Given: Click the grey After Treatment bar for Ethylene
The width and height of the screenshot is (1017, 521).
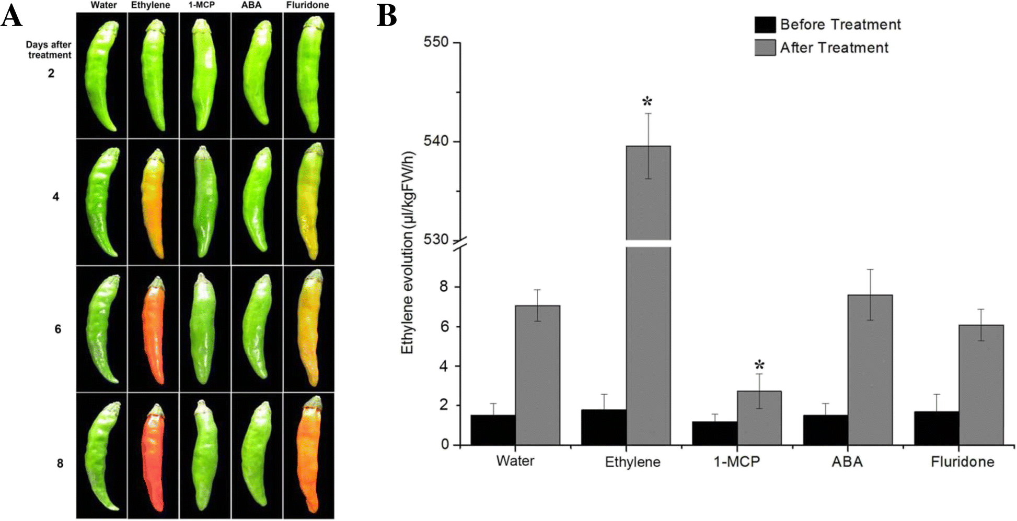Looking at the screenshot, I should pos(648,313).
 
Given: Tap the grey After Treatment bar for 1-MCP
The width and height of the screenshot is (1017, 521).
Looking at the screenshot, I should pos(759,418).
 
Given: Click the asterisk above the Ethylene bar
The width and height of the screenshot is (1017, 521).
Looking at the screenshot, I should pos(648,102).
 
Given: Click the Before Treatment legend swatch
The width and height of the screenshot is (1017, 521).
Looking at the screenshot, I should pos(765,25).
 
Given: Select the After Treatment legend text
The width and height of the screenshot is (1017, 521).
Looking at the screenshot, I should pos(834,48).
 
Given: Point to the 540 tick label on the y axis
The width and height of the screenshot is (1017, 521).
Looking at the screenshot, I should pos(436,141).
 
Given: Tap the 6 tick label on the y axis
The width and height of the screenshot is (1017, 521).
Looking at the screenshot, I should pos(444,327).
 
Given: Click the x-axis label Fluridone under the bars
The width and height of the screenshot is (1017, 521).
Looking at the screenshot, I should pos(962,462).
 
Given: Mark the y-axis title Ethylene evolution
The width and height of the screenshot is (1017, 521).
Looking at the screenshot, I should pos(408,253).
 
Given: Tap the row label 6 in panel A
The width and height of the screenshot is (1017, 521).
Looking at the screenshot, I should pos(58,329).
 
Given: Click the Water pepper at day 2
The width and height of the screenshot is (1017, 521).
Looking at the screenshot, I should pos(102,76).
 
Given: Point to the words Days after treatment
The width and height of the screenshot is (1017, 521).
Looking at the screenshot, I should pos(49,50).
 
